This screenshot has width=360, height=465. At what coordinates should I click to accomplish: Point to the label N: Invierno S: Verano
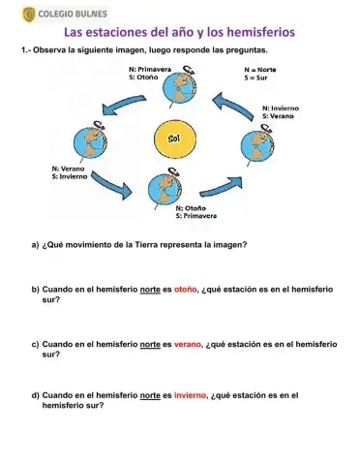281,111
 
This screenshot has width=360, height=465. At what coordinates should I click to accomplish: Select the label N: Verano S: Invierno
72,172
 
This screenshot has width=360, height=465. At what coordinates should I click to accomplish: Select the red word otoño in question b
186,290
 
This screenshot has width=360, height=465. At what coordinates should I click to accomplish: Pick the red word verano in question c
188,344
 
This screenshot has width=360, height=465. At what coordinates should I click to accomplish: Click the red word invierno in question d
190,395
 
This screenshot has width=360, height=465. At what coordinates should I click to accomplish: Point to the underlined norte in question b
150,290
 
